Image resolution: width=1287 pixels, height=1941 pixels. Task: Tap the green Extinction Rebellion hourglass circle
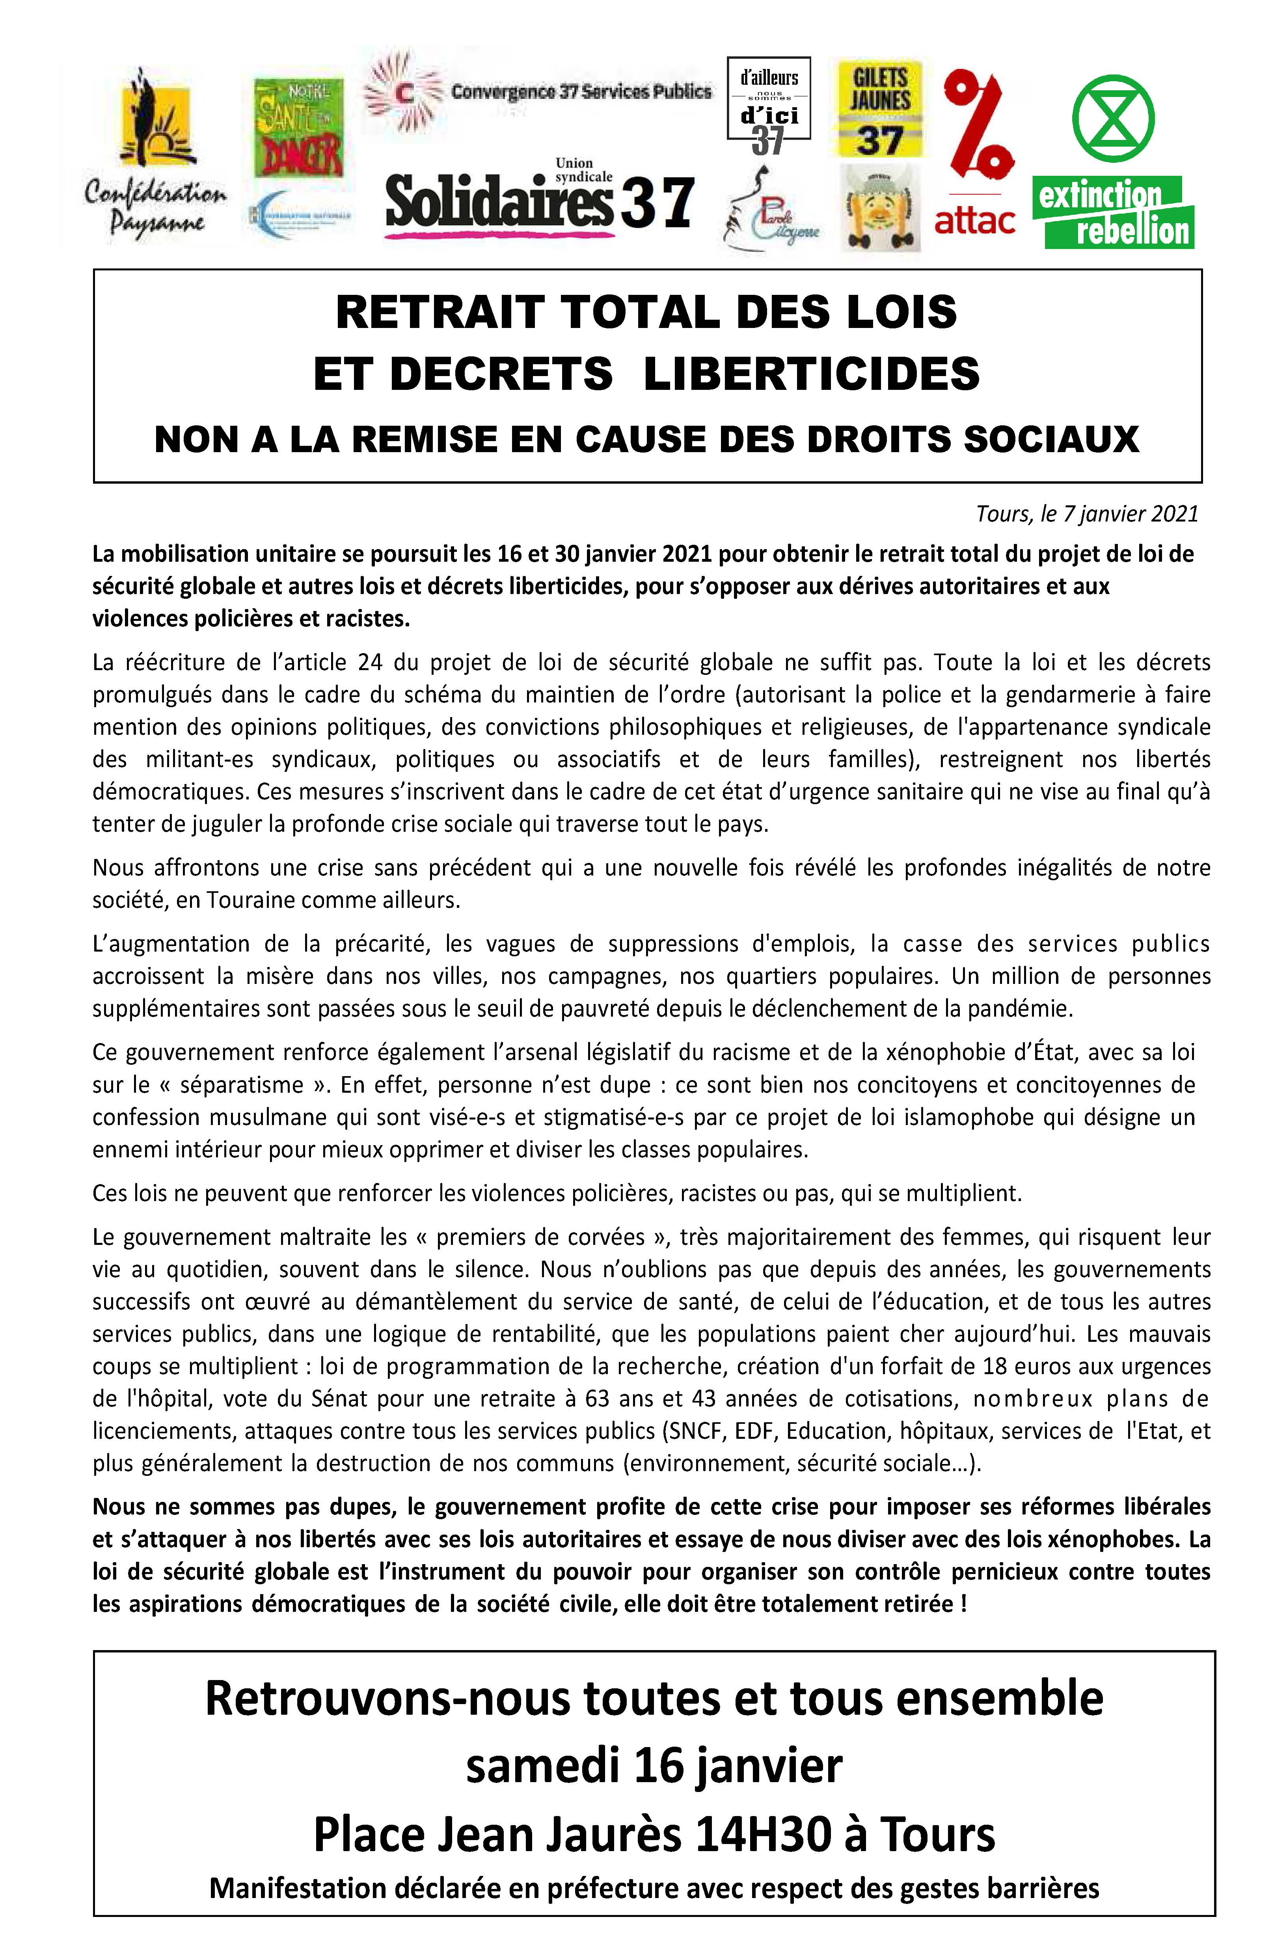tap(1113, 117)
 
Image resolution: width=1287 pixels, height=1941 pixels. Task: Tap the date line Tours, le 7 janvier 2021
tap(1087, 514)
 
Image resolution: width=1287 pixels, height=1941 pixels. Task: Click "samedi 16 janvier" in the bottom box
tap(654, 1767)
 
